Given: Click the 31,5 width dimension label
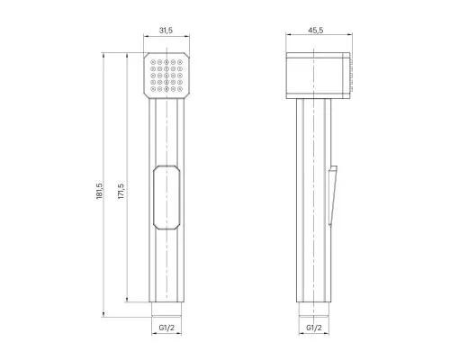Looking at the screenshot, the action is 166,31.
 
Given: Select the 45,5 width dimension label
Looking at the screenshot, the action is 316,31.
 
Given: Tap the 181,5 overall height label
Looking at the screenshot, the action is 100,191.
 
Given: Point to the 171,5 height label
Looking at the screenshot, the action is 121,191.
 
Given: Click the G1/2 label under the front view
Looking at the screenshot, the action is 166,328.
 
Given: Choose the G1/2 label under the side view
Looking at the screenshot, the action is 314,328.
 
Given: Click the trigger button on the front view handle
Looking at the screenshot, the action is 166,197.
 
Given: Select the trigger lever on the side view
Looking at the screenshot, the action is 333,195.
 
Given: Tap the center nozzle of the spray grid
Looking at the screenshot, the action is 166,76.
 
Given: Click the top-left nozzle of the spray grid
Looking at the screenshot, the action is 153,62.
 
